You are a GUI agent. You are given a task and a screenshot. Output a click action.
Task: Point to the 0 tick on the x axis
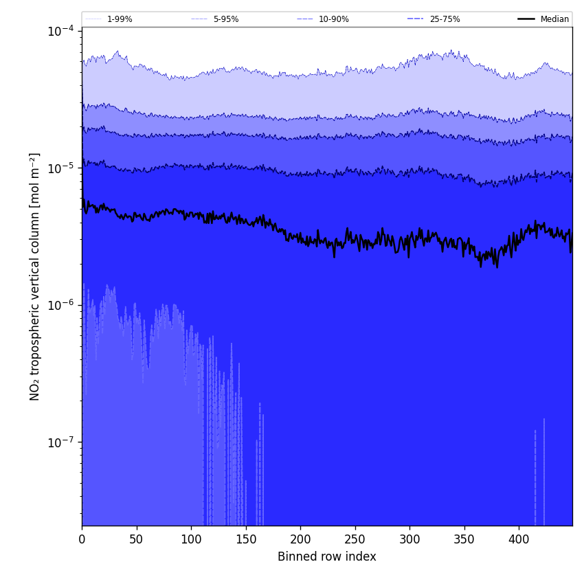[82, 539]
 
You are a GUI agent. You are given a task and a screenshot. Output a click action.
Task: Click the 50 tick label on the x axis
[137, 539]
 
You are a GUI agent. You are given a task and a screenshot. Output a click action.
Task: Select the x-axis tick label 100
[191, 539]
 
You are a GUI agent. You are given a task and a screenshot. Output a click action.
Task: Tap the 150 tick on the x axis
[246, 539]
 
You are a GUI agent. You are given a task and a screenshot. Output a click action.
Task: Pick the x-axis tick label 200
[300, 539]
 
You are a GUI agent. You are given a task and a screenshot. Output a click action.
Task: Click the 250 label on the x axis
[355, 539]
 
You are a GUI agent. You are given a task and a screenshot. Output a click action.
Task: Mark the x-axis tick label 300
[409, 539]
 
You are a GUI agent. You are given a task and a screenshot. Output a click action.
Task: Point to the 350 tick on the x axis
[464, 539]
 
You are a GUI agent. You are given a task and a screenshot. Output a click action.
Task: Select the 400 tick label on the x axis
[519, 539]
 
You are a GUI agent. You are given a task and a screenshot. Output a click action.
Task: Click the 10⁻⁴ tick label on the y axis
[60, 31]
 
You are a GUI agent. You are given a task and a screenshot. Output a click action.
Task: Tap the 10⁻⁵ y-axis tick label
[60, 168]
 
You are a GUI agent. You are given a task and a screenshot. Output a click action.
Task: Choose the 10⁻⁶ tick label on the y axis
[60, 304]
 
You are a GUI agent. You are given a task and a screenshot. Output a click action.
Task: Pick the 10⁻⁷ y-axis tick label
[60, 442]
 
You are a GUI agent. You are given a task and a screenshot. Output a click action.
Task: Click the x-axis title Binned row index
[327, 557]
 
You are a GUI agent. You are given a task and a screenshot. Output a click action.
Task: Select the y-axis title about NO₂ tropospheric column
[35, 276]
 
